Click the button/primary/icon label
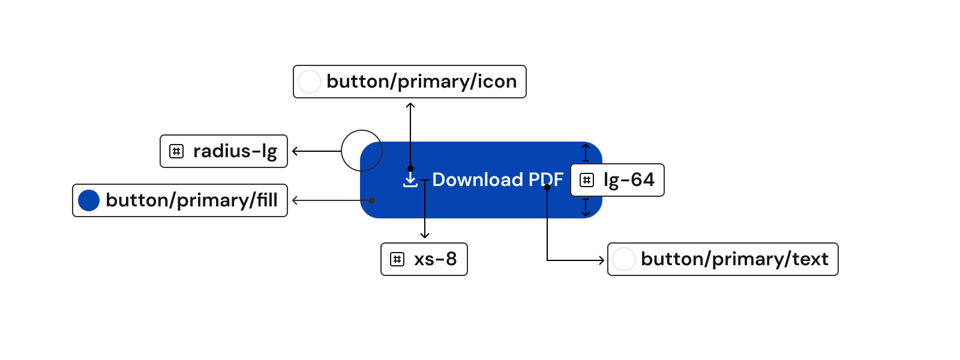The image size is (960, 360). point(421,82)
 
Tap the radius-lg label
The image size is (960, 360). point(235,151)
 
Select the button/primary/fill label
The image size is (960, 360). point(191,200)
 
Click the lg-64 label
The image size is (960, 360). point(628,180)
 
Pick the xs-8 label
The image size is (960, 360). point(435,259)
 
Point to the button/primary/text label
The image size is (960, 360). point(734,259)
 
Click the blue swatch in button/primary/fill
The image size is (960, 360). point(89,200)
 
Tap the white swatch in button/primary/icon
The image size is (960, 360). point(310,82)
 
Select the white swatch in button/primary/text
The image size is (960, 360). point(624,259)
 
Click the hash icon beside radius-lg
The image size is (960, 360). point(176,151)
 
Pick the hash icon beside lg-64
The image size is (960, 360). point(587,180)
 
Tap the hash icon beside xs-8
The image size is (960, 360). point(397,259)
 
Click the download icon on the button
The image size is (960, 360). point(410,181)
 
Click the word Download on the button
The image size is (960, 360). point(478,179)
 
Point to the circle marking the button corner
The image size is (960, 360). point(362,151)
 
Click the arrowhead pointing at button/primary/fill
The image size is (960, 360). point(295,200)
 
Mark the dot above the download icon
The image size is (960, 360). point(410,169)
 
